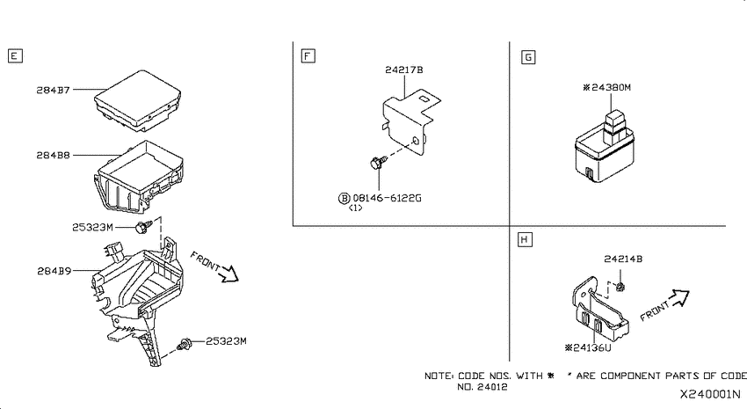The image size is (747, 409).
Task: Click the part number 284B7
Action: pos(54,90)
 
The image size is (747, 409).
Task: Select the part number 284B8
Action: pos(54,155)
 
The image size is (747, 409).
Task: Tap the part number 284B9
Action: pos(54,271)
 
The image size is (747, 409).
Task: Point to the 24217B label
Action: pos(404,69)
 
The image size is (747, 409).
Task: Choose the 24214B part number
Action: pos(623,259)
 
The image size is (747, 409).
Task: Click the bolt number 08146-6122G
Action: pos(387,198)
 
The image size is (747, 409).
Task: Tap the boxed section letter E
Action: pos(15,55)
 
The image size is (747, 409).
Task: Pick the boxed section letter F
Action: pos(308,55)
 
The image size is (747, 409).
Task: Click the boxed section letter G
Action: pos(528,57)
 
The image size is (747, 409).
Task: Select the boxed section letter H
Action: pos(525,239)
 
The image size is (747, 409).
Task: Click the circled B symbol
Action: pos(344,198)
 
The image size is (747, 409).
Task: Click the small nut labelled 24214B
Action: pos(620,287)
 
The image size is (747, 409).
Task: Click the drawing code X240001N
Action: pos(710,394)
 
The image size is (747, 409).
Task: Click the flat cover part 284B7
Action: pos(138,101)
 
